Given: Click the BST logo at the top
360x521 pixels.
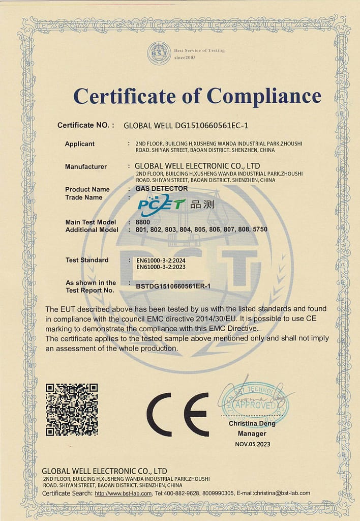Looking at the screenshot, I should click(159, 53).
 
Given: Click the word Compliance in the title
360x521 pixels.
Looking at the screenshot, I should click(263, 96).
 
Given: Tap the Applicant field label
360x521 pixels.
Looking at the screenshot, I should click(79, 144).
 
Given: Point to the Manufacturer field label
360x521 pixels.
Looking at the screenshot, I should click(86, 166).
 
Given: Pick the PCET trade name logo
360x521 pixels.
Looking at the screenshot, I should click(162, 204).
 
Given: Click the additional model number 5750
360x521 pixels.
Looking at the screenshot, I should click(260, 229).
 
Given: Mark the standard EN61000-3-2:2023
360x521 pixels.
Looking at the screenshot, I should click(165, 267).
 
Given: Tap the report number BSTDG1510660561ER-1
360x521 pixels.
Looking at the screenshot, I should click(173, 286).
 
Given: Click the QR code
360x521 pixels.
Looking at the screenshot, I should click(72, 410).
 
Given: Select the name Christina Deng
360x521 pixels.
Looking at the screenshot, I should click(252, 423).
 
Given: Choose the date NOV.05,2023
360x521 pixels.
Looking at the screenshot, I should click(253, 444).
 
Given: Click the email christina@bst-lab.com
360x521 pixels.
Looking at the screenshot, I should click(275, 493).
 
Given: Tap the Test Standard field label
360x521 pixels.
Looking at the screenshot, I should click(87, 260).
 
